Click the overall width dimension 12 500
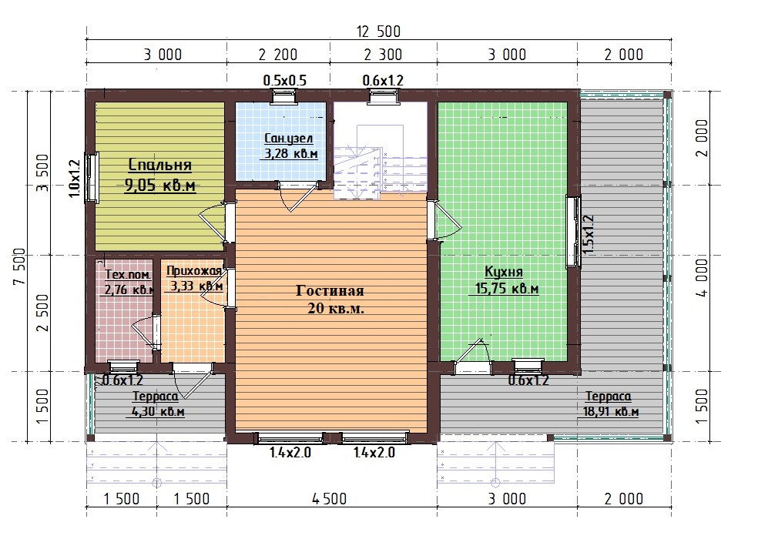[379, 32]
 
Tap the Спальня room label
[159, 165]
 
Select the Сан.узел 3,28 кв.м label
[291, 146]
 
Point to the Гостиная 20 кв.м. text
[330, 300]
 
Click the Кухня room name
[504, 271]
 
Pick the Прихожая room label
[194, 271]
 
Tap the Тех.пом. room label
[127, 275]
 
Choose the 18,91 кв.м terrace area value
[611, 412]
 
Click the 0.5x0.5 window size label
[284, 80]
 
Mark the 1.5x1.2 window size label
[589, 234]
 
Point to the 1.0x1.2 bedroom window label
[75, 179]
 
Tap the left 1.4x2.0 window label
[290, 452]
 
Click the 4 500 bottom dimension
[329, 498]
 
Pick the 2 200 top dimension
[278, 55]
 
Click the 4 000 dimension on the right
[702, 278]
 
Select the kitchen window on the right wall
[573, 232]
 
